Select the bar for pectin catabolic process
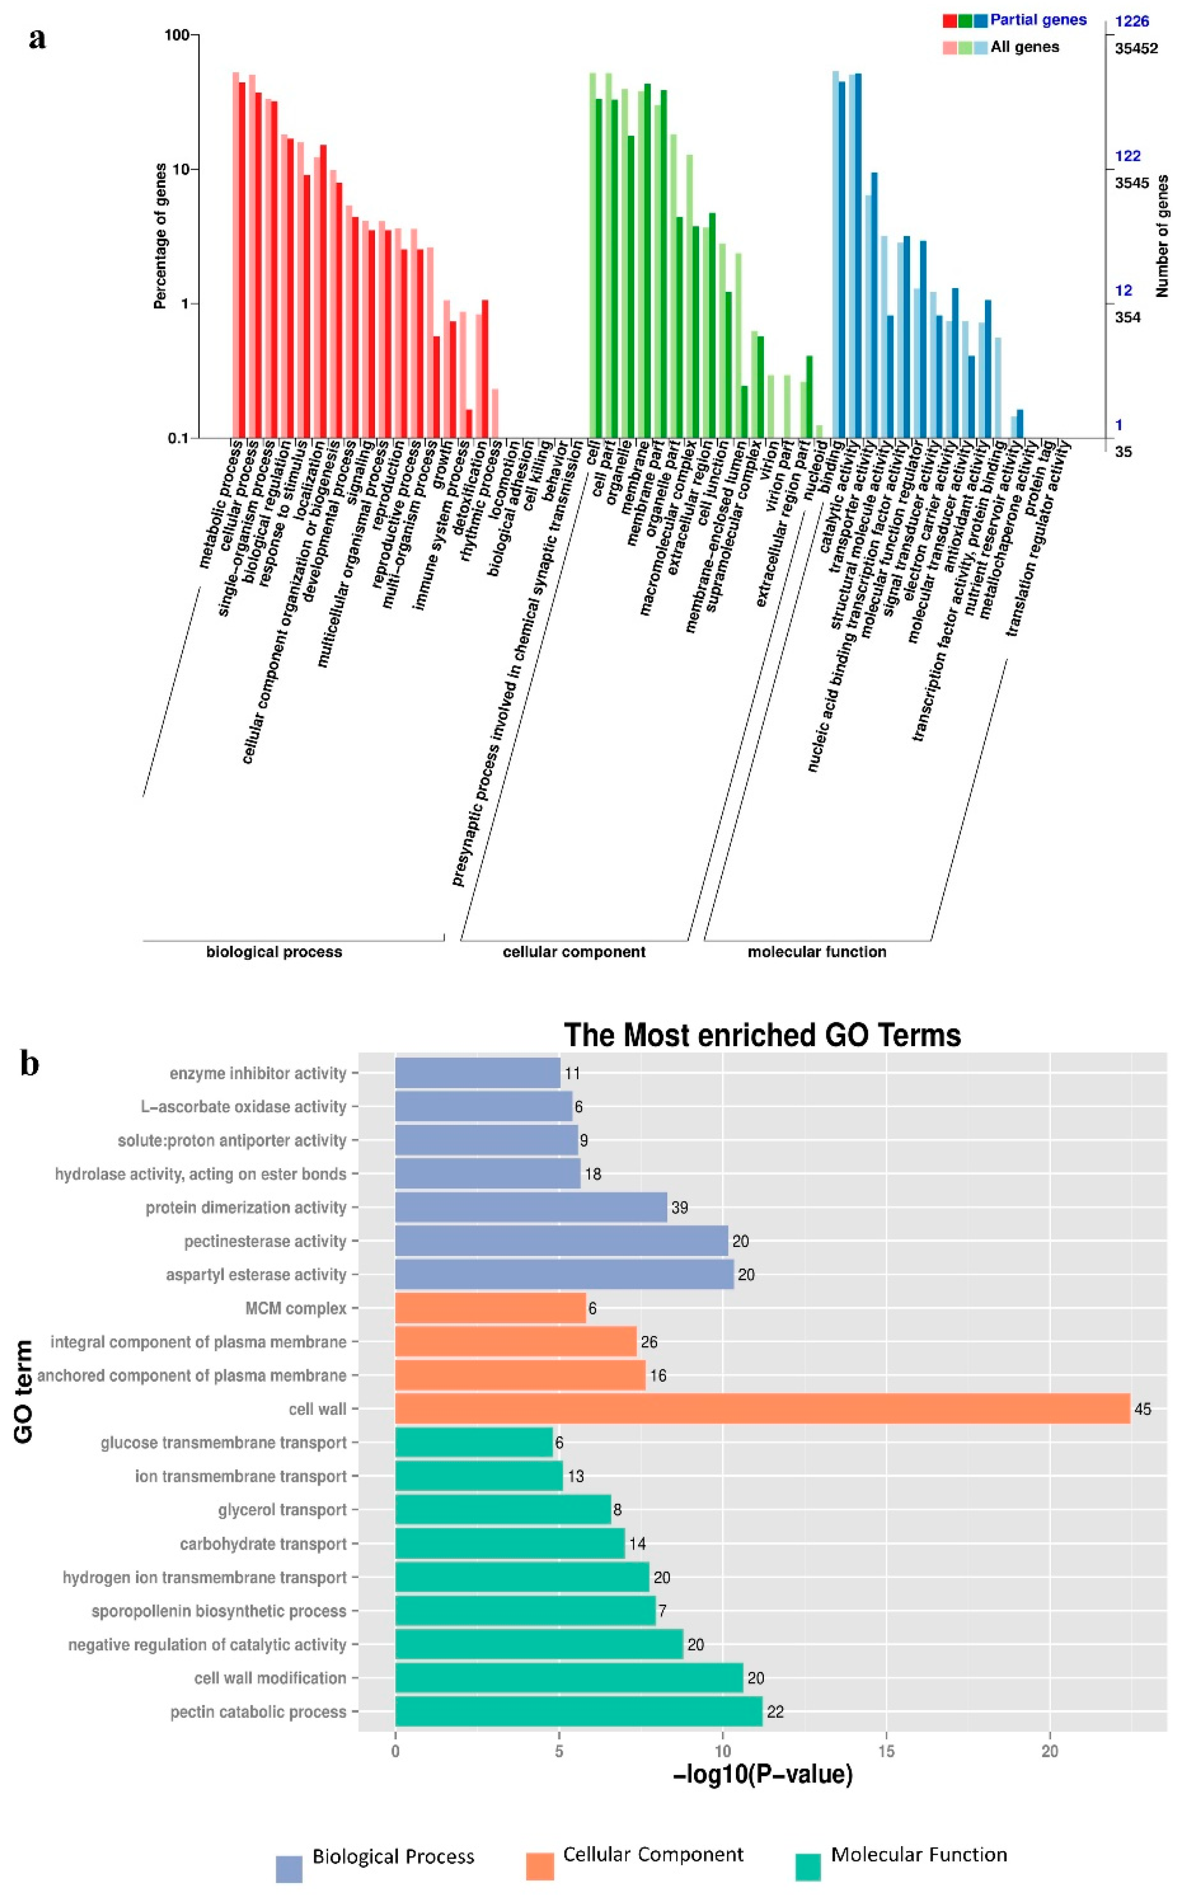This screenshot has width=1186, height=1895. (x=578, y=1711)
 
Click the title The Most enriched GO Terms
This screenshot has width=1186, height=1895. (x=762, y=1035)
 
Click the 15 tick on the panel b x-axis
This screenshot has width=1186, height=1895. (x=887, y=1751)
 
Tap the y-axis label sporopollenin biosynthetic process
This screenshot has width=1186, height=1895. (x=219, y=1611)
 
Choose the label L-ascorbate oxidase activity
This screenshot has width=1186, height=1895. (x=243, y=1107)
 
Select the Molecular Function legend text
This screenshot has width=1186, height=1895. (x=918, y=1855)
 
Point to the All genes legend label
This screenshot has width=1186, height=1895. (x=1025, y=47)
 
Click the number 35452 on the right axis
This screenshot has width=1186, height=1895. (x=1136, y=48)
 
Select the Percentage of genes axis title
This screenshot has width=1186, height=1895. (x=161, y=236)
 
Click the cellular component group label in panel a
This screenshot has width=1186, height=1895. (x=573, y=952)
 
